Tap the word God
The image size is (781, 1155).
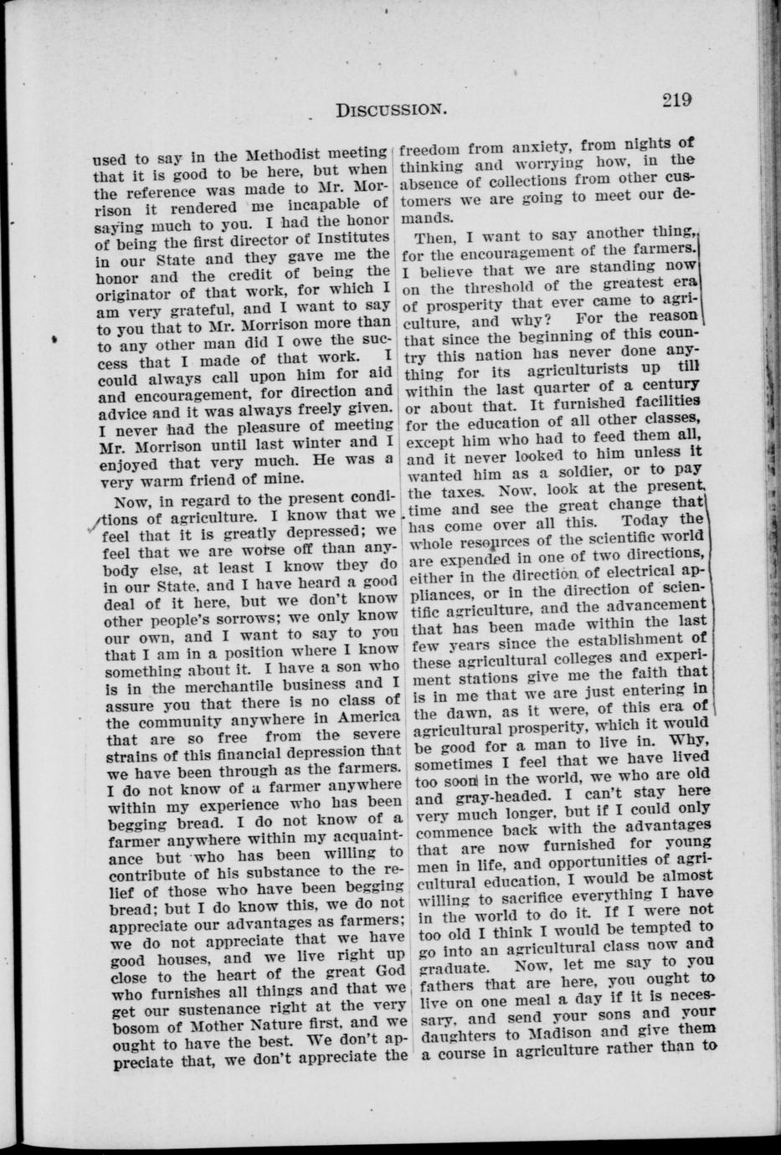pos(385,971)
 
